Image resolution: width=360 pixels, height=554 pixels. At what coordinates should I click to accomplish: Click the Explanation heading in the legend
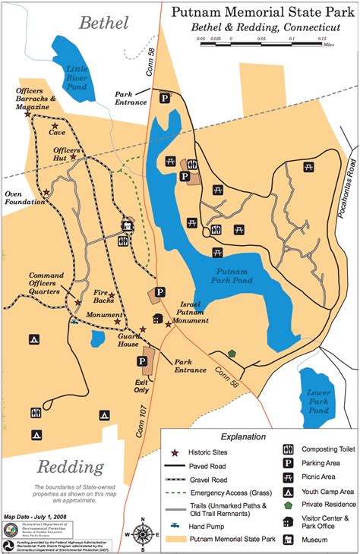(242, 436)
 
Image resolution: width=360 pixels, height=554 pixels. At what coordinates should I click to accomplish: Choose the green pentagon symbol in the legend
(289, 504)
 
